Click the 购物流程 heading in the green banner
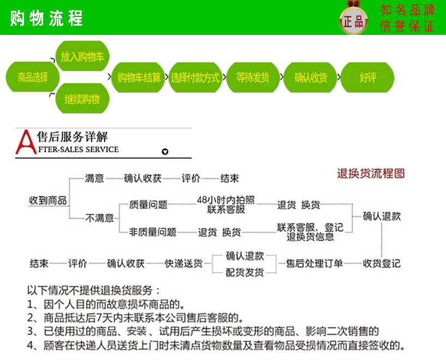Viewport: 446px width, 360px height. tap(46, 18)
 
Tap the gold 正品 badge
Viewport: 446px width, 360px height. tap(354, 21)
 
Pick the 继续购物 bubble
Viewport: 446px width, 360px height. tap(82, 99)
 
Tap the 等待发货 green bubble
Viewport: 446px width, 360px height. tap(253, 77)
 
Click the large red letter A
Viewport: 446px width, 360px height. tap(25, 143)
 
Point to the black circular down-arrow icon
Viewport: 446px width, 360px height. tap(165, 152)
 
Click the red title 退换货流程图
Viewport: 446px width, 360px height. tap(371, 174)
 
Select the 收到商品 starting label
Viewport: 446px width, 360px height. tap(48, 201)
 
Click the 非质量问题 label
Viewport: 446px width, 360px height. tap(152, 232)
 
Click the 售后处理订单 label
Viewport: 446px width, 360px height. tap(315, 263)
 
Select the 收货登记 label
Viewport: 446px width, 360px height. tap(382, 263)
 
